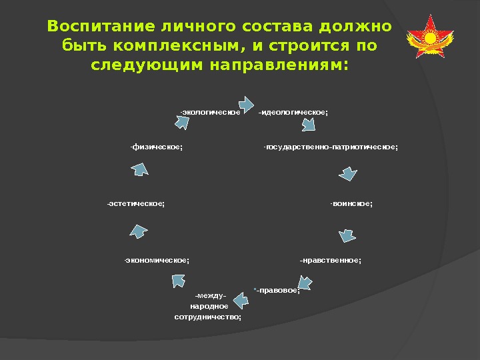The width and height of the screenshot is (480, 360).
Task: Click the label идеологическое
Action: coord(293,112)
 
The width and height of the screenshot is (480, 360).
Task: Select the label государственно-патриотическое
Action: coord(331,147)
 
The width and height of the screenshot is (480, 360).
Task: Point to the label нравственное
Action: coord(330,260)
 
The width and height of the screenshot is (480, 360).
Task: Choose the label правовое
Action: coord(278,290)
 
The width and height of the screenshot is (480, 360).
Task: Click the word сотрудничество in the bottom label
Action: coord(208,317)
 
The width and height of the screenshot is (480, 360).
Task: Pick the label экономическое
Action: coord(157,260)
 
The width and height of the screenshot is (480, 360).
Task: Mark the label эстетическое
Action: coord(135,203)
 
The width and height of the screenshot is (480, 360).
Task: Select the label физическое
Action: coord(157,147)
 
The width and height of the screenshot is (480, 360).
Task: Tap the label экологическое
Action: coord(210,112)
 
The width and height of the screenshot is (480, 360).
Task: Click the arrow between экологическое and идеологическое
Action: coord(246,103)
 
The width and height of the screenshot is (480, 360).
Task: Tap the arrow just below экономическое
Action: coord(178,280)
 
